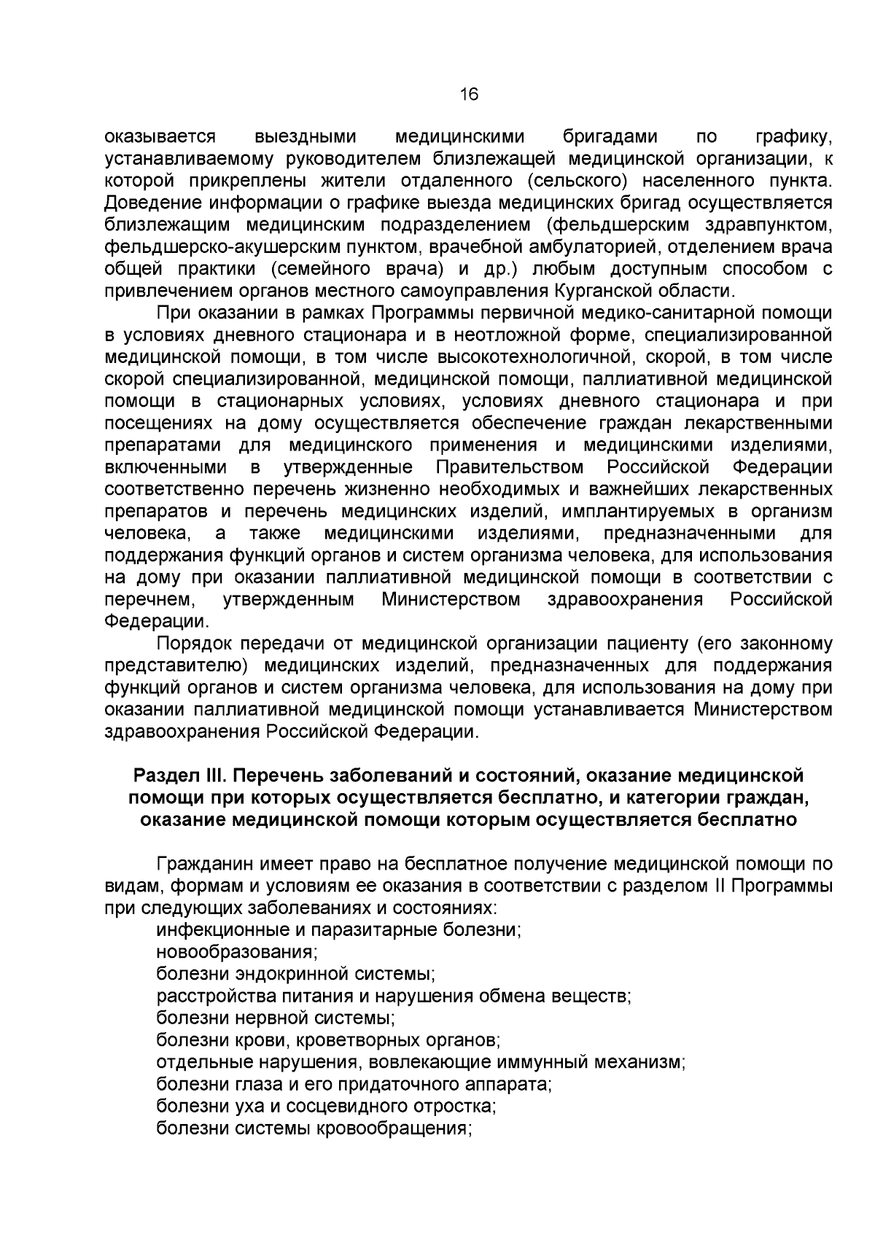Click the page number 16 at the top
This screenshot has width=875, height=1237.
pos(468,94)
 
